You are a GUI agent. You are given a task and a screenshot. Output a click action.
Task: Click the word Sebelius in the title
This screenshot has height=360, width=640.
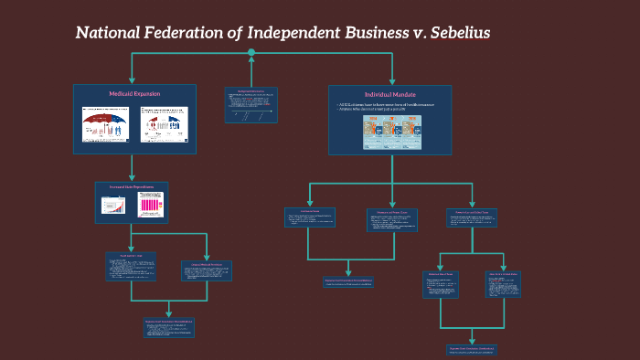click(x=455, y=33)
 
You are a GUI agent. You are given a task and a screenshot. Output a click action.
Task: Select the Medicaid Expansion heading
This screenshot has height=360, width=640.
click(x=134, y=94)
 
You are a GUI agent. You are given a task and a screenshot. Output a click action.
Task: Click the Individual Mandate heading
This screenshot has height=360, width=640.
click(x=389, y=94)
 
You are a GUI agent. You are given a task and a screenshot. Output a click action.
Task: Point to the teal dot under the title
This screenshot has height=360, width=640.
click(x=251, y=52)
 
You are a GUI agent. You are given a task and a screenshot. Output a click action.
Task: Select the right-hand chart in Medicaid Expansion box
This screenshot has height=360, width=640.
click(x=165, y=124)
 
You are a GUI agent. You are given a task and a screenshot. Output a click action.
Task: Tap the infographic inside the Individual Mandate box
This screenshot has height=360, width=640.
click(x=389, y=132)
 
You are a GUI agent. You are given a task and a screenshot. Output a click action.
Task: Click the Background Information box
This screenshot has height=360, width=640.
click(x=251, y=104)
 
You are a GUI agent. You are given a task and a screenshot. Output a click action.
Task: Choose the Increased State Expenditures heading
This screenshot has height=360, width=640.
click(x=132, y=187)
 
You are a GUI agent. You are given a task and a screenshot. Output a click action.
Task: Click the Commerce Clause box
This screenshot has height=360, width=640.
click(x=310, y=217)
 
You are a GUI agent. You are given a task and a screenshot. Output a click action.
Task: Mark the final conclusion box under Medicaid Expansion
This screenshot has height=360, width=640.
click(x=168, y=328)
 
